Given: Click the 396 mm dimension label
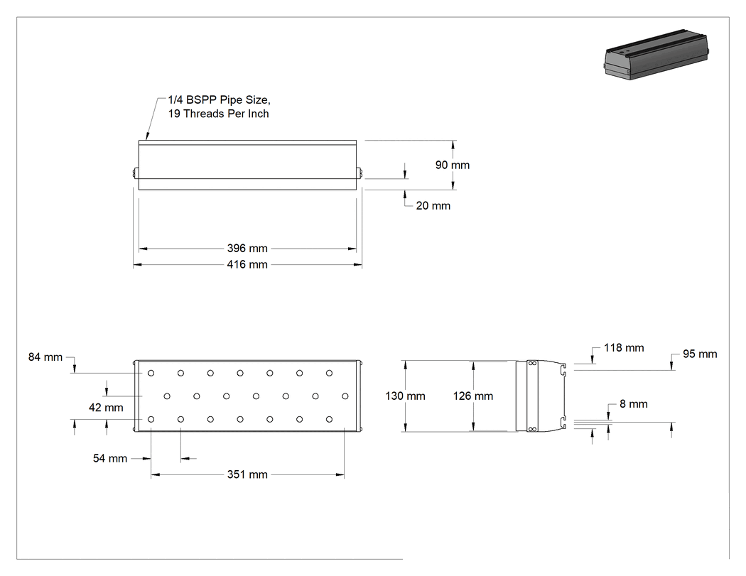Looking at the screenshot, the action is tap(247, 249).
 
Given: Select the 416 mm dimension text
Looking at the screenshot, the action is tap(247, 264).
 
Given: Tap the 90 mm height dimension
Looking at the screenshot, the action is tap(453, 165).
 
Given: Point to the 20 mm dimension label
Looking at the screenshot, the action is tap(433, 205).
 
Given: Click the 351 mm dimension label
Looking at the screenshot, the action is tap(247, 474).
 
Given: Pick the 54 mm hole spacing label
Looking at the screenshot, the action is tap(110, 459).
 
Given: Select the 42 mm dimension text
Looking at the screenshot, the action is tap(106, 408).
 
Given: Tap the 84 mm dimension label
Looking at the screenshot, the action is tap(45, 357).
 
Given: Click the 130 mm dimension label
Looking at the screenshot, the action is tap(406, 396).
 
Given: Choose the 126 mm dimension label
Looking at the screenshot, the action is tap(473, 396).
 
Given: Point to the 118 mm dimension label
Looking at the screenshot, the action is tap(624, 348).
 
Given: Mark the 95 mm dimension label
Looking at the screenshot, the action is tap(700, 354).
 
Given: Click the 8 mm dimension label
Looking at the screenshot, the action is tap(634, 404).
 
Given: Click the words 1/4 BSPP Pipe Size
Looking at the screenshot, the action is tap(219, 100).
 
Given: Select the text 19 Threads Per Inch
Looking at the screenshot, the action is tap(218, 114).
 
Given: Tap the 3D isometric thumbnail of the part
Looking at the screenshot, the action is tap(657, 54).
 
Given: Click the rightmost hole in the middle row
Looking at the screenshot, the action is tap(345, 396).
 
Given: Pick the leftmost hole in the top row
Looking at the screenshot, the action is tap(151, 374).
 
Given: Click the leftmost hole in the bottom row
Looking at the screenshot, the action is tap(151, 420).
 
